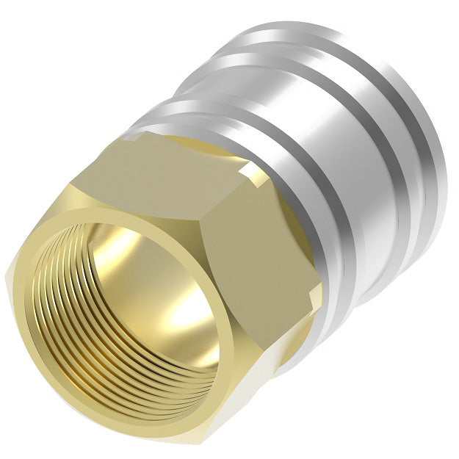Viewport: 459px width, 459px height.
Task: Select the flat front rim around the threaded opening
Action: point(44,242)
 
